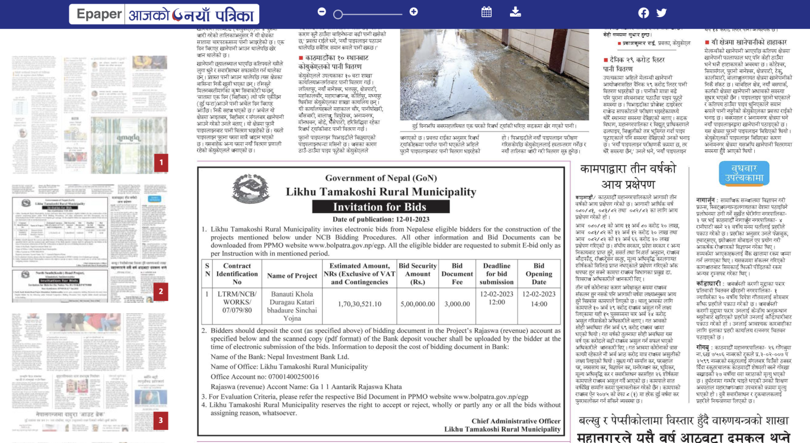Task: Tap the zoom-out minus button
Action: coord(321,12)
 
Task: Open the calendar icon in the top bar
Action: coord(486,12)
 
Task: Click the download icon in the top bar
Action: coord(515,12)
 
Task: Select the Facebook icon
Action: coord(643,13)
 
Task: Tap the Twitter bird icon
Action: coord(662,13)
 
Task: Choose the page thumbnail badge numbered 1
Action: coord(161,163)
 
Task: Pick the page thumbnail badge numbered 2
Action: coord(161,291)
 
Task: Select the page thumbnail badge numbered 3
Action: coord(161,421)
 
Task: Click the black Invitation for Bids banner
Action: coord(380,207)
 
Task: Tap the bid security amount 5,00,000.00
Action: coord(417,303)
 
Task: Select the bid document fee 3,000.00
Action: coord(457,303)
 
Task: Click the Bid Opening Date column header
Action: coord(539,274)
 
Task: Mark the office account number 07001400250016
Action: coord(285,377)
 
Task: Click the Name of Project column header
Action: coord(292,275)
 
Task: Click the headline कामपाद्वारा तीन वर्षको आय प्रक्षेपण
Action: coord(628,176)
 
